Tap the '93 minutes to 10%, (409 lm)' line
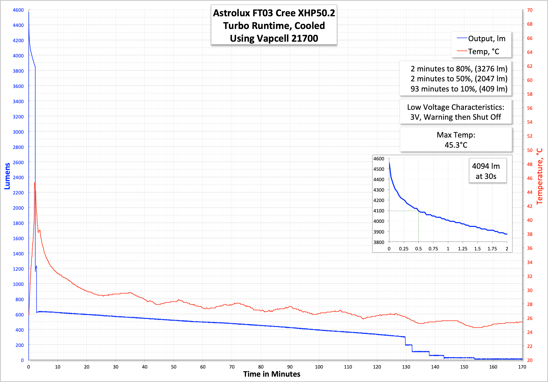pos(459,89)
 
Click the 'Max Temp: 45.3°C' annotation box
pos(456,140)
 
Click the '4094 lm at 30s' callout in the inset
pos(486,171)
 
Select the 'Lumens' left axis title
pos(7,176)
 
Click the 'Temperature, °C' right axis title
pos(540,176)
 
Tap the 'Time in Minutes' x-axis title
pos(272,374)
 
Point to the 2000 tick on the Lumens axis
pos(18,208)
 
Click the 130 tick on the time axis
pos(406,367)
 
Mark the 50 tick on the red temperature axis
pos(530,150)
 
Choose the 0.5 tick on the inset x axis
pos(418,249)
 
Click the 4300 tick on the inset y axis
pos(379,190)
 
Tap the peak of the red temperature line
pos(35,183)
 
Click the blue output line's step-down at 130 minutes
pos(405,341)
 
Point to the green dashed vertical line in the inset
pos(419,226)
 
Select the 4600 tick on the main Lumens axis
pos(18,10)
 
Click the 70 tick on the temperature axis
pos(530,10)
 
